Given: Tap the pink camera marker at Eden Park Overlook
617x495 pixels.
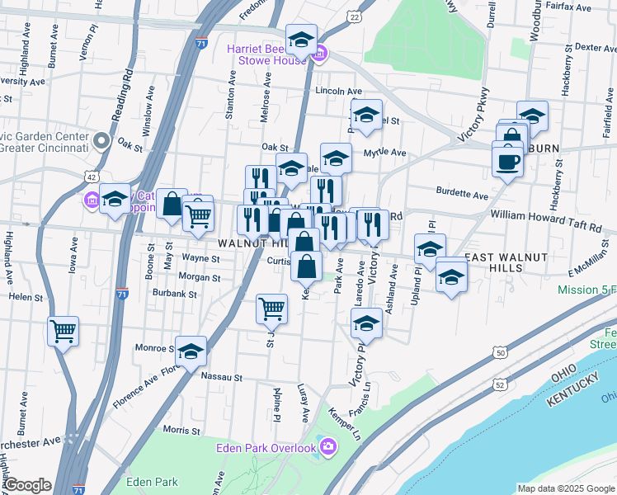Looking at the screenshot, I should [x=329, y=447].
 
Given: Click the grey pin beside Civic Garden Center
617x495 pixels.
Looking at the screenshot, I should [x=101, y=141].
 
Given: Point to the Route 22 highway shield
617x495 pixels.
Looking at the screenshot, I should [x=354, y=16].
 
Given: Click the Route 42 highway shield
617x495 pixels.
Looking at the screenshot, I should [x=92, y=177].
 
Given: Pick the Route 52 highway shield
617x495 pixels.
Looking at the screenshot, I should [x=500, y=384].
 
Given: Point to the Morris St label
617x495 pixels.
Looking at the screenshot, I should [x=177, y=429].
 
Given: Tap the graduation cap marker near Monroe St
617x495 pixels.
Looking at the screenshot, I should [x=191, y=351].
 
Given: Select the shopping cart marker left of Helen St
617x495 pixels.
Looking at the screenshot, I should [x=63, y=331].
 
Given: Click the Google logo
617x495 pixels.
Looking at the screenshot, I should [x=27, y=485].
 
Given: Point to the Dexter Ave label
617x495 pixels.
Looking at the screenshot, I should [x=595, y=48].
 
